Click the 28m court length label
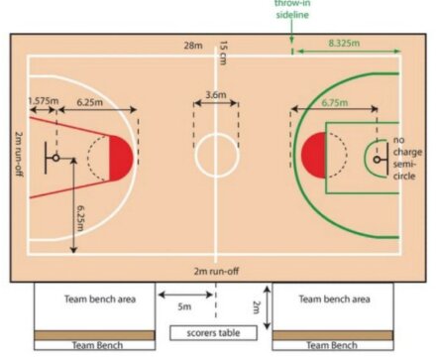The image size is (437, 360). coord(192,46)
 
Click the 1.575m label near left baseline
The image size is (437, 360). coord(42,101)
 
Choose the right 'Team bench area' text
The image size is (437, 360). coord(334,298)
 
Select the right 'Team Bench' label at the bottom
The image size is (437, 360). coord(332,345)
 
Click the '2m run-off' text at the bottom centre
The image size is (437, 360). coord(215,270)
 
